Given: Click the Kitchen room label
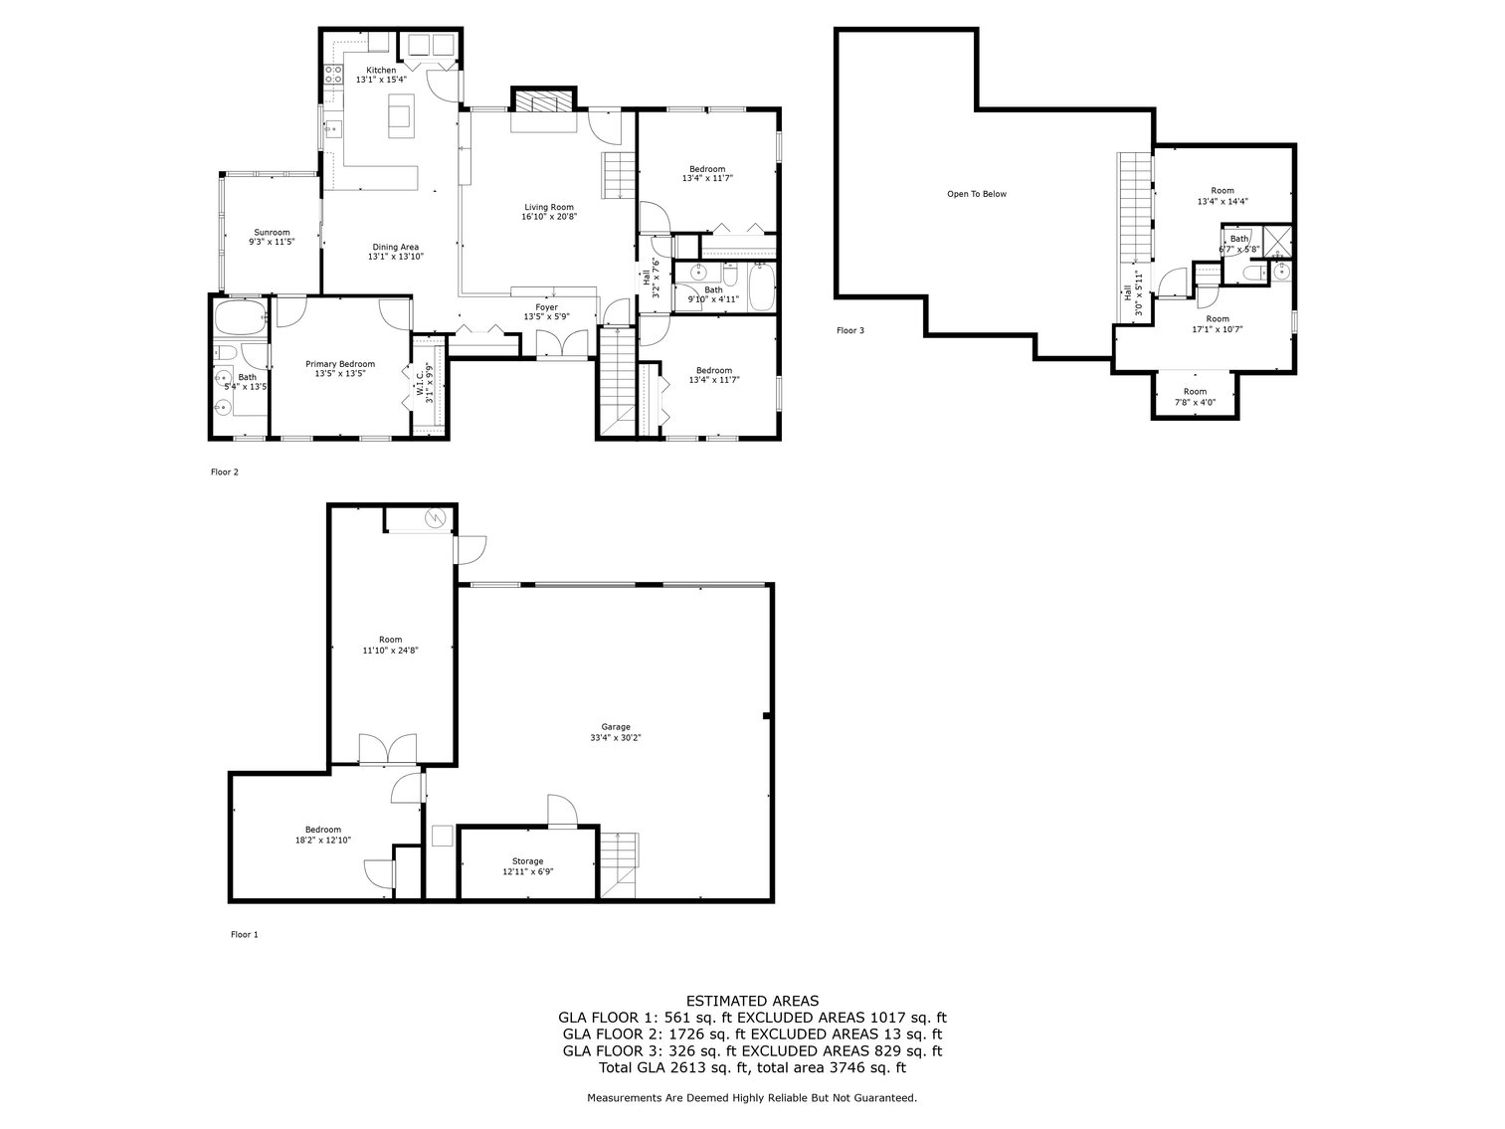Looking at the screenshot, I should (381, 71).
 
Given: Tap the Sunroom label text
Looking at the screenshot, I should (272, 232).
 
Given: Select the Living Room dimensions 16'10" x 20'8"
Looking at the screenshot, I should (548, 216).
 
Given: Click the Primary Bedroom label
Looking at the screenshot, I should (340, 364).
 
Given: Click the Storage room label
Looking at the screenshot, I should (527, 861).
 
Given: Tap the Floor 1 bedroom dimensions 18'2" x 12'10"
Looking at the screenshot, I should (323, 841).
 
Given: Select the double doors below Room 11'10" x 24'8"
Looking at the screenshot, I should (389, 750).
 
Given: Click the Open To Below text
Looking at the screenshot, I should (976, 194).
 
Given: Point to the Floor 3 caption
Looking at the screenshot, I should (849, 330).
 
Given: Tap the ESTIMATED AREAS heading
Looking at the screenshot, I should (752, 1001).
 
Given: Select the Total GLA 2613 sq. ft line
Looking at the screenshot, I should (752, 1068).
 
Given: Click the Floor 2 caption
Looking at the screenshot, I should (225, 472).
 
